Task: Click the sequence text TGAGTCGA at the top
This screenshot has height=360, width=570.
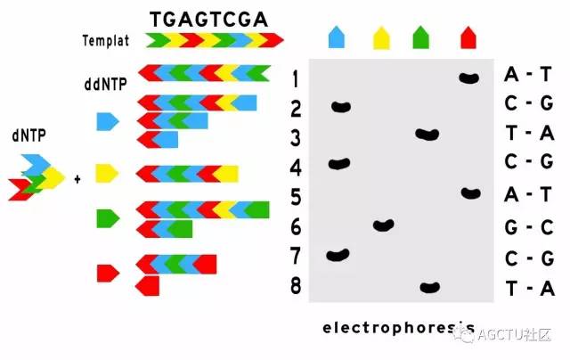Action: [209, 20]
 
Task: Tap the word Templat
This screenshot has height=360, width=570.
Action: [106, 41]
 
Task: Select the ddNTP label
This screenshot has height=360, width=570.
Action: [105, 85]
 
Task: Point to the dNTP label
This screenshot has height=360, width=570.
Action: [28, 135]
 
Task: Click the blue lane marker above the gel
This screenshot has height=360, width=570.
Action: [337, 37]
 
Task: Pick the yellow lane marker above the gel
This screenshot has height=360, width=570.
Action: [381, 37]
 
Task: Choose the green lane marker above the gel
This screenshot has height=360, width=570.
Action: [421, 37]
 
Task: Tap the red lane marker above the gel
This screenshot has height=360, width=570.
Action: [468, 37]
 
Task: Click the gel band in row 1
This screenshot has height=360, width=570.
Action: [469, 78]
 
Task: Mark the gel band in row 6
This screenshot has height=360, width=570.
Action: [384, 225]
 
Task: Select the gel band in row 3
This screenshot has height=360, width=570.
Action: [427, 135]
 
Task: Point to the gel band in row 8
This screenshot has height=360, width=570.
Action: [430, 287]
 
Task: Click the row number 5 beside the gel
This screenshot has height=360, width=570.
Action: [296, 197]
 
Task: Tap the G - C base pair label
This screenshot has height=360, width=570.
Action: [529, 227]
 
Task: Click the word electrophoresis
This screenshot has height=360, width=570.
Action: [399, 328]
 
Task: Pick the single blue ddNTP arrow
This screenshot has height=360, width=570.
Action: [108, 121]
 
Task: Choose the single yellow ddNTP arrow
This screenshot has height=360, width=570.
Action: [107, 173]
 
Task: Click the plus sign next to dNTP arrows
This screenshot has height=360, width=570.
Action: [77, 179]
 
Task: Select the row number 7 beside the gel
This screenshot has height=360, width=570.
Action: [296, 256]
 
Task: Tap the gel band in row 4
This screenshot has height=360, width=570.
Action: [339, 164]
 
